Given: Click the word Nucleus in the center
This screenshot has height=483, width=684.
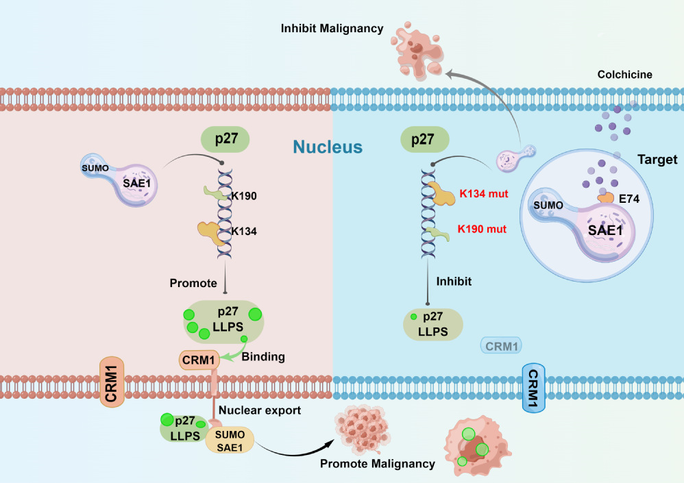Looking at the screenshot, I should tap(328, 146).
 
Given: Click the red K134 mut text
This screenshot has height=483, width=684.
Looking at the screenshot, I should tap(484, 194).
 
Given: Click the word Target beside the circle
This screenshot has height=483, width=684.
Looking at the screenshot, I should tap(656, 160).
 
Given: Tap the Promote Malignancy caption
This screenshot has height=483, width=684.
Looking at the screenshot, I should tap(377, 464).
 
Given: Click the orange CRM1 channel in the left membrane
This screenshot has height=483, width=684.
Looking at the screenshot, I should tap(110, 381).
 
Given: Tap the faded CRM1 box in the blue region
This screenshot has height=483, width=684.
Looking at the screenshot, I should tap(501, 346).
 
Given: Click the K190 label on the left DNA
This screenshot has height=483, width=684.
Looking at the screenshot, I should tap(243, 195).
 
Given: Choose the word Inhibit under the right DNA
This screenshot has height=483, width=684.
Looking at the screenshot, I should tap(454, 281).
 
